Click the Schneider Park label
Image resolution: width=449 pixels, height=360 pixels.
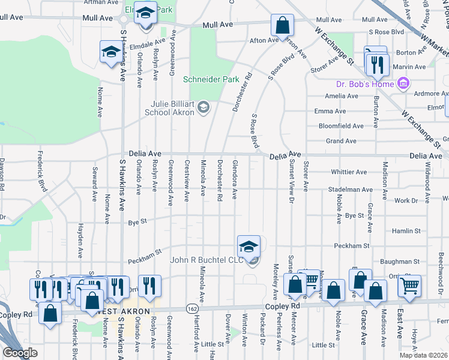tap(211, 79)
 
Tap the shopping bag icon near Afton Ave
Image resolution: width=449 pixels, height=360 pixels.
tap(282, 26)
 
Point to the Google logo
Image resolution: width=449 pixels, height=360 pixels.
tap(20, 353)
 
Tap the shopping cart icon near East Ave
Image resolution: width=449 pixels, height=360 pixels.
tap(409, 286)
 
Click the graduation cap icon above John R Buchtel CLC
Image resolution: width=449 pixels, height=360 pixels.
tap(249, 246)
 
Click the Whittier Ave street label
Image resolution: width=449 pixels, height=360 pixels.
tap(349, 172)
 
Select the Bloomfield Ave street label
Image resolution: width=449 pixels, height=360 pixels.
tap(341, 126)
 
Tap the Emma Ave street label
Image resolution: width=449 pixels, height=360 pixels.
tap(330, 111)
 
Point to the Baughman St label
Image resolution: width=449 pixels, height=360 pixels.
tap(400, 262)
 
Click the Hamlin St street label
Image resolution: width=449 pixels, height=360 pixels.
tap(406, 230)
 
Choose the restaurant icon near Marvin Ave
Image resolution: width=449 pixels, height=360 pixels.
tap(378, 64)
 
